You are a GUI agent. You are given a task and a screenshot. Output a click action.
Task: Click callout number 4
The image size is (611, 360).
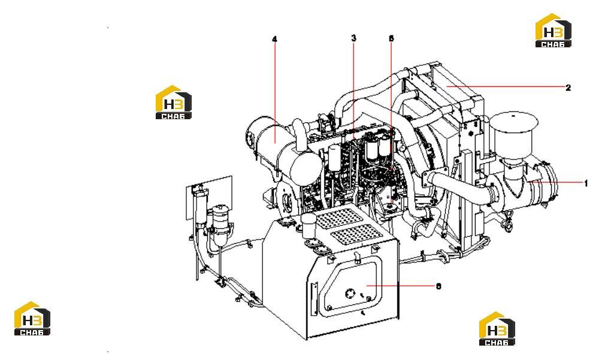point(274,39)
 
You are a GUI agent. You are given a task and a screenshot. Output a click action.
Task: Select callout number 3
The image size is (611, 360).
point(353,38)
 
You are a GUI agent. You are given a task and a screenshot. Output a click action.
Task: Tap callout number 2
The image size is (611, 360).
point(568,87)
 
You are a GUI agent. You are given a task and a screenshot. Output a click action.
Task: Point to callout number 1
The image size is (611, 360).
point(586,183)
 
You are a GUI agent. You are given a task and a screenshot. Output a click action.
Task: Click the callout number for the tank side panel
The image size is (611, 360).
point(438,286)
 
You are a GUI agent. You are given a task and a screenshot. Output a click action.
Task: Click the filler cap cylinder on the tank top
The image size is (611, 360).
point(309,226)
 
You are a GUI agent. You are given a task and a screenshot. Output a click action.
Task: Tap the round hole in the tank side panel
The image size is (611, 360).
point(350,292)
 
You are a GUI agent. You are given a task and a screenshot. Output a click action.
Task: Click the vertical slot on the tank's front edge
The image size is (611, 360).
point(313,298)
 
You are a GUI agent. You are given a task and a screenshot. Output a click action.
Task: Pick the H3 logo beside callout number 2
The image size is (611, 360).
point(553,31)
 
